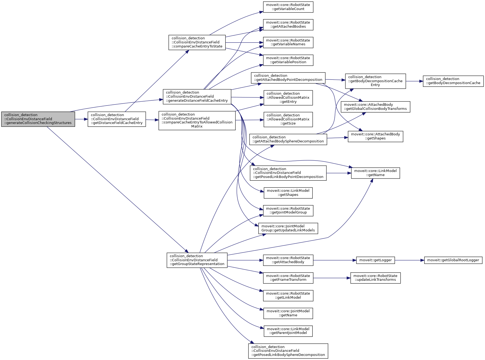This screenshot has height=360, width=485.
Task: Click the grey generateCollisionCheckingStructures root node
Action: tap(38, 119)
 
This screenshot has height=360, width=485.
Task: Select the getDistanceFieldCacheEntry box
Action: tap(117, 119)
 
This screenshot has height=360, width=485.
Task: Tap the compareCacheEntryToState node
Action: tap(197, 42)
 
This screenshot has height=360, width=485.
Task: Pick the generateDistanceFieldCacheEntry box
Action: tap(197, 97)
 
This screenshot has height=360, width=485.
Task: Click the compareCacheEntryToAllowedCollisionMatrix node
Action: tap(197, 120)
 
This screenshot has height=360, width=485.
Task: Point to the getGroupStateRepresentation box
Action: tap(197, 260)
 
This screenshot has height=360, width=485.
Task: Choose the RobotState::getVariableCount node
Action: tap(288, 7)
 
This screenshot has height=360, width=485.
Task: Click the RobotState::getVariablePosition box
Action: tap(288, 60)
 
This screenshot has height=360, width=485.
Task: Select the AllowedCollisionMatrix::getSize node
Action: tap(288, 119)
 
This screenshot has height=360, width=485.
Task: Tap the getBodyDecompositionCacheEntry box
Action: tap(375, 81)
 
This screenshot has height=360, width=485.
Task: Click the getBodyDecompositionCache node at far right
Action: tap(453, 81)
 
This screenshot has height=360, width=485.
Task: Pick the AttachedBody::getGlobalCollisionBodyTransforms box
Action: tap(375, 107)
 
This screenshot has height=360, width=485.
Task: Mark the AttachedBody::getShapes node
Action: tap(375, 136)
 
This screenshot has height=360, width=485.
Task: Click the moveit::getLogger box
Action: tap(375, 260)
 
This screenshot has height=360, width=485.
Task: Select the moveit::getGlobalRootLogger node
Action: tap(453, 260)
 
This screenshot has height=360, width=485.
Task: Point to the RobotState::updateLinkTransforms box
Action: tap(375, 278)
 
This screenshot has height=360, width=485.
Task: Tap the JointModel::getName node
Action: tap(288, 313)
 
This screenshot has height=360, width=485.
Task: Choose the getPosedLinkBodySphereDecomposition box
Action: tap(288, 351)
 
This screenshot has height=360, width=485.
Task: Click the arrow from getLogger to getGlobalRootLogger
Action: tap(410, 260)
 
